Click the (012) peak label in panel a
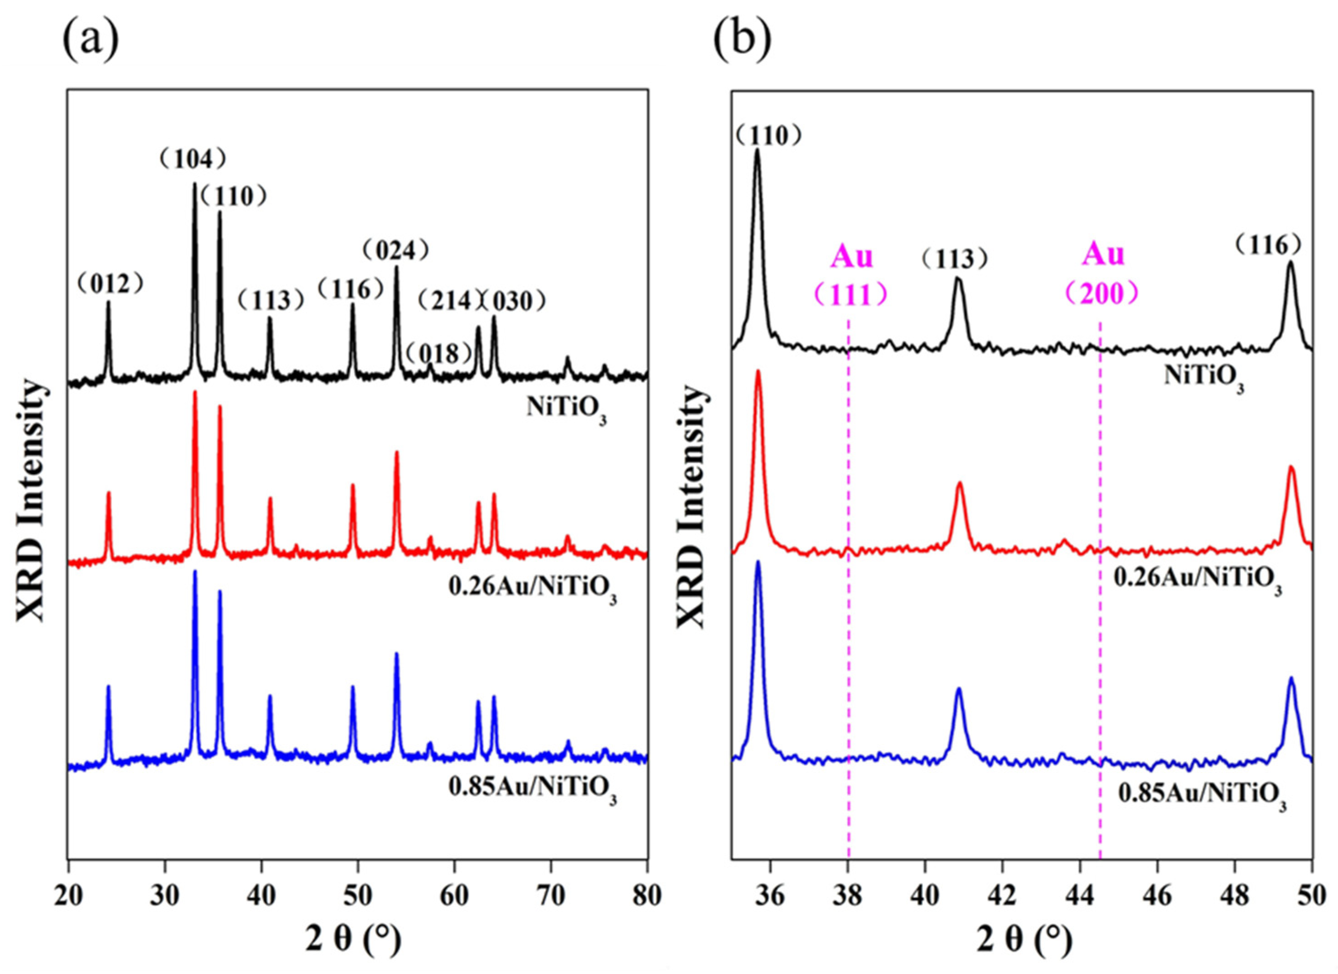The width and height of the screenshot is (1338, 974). (x=111, y=285)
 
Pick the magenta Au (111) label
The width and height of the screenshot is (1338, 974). (x=851, y=275)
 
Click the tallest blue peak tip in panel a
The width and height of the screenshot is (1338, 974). (x=195, y=572)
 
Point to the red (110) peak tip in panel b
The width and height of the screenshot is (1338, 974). (x=758, y=371)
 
